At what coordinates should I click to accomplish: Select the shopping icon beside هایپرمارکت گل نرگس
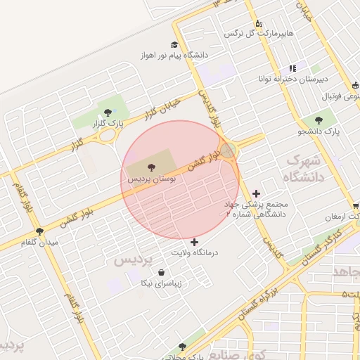259,22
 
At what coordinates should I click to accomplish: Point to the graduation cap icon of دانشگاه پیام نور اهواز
175,44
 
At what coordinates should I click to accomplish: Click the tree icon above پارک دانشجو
320,120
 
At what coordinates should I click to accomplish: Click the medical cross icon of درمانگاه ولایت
195,242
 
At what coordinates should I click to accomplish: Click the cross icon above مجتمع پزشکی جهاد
256,193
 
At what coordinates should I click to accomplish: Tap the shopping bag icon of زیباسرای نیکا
162,273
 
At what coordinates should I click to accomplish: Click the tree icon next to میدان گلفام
39,231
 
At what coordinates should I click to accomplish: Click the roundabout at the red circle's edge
229,150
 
